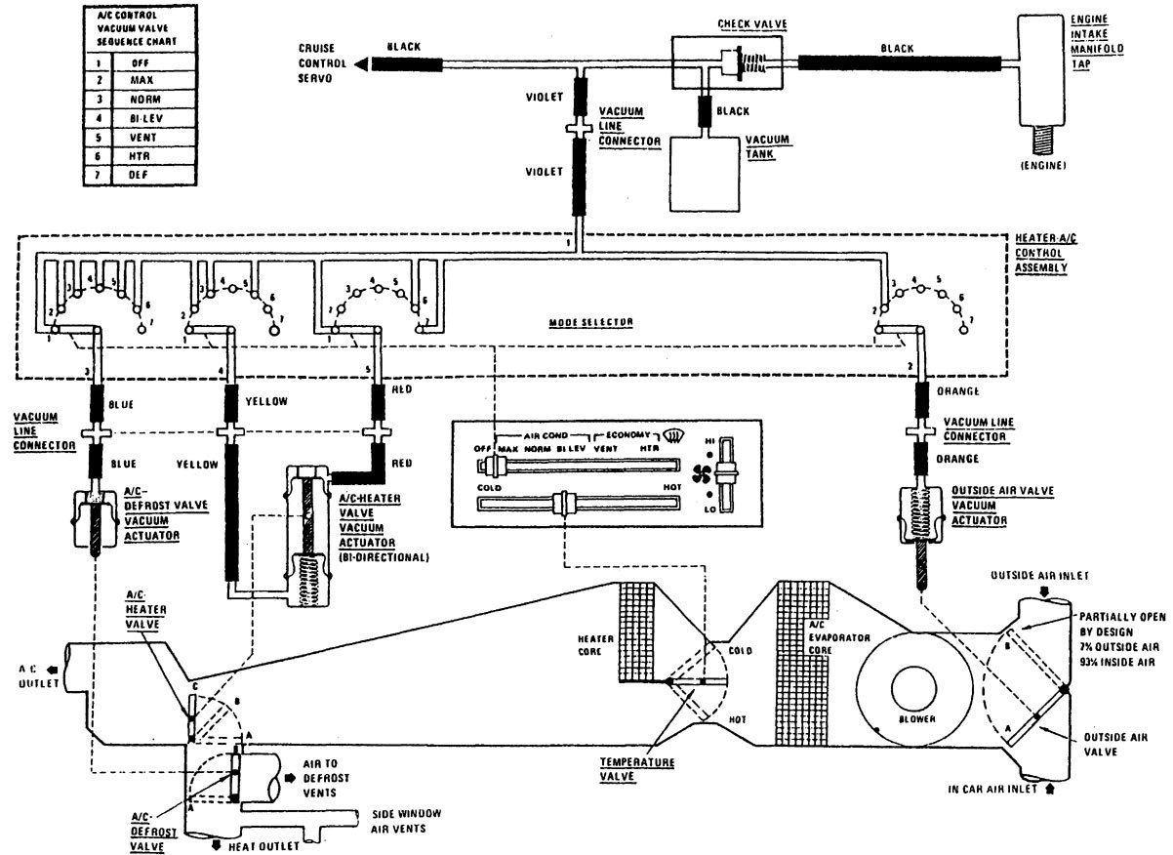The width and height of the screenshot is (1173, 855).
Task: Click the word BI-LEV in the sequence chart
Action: tap(142, 117)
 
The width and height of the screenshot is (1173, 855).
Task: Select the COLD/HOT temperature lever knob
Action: tap(562, 504)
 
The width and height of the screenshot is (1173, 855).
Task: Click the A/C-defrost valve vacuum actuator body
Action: tap(95, 513)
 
